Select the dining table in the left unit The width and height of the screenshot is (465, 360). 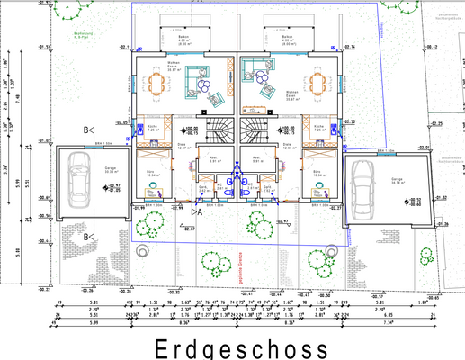(x=158, y=85)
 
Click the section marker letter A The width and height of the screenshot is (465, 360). (x=200, y=213)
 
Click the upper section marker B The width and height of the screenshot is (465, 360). (x=86, y=130)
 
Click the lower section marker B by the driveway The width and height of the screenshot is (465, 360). (x=86, y=236)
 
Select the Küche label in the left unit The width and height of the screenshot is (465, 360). (x=153, y=128)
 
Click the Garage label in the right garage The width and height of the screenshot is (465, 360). (x=397, y=180)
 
